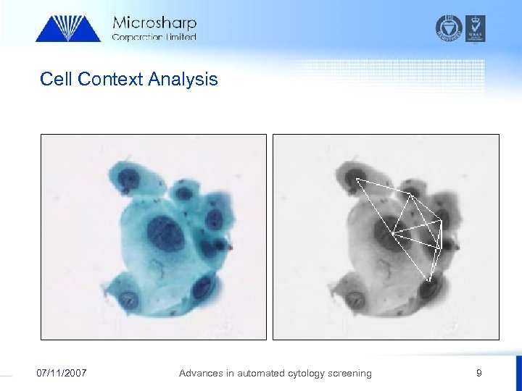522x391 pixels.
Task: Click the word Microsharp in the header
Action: pos(154,23)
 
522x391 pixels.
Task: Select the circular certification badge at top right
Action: pos(449,28)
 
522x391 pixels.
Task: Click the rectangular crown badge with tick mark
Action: pos(476,28)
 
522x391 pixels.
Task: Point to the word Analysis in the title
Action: pos(183,79)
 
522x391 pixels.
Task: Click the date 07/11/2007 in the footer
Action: pos(62,373)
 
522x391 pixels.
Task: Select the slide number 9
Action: pos(478,373)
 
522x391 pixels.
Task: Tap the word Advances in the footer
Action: pos(202,373)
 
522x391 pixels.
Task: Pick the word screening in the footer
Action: pos(347,373)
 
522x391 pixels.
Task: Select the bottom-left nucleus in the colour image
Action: pos(130,298)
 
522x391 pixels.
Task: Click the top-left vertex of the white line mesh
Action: pos(355,178)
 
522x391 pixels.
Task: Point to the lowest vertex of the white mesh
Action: pos(429,280)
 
